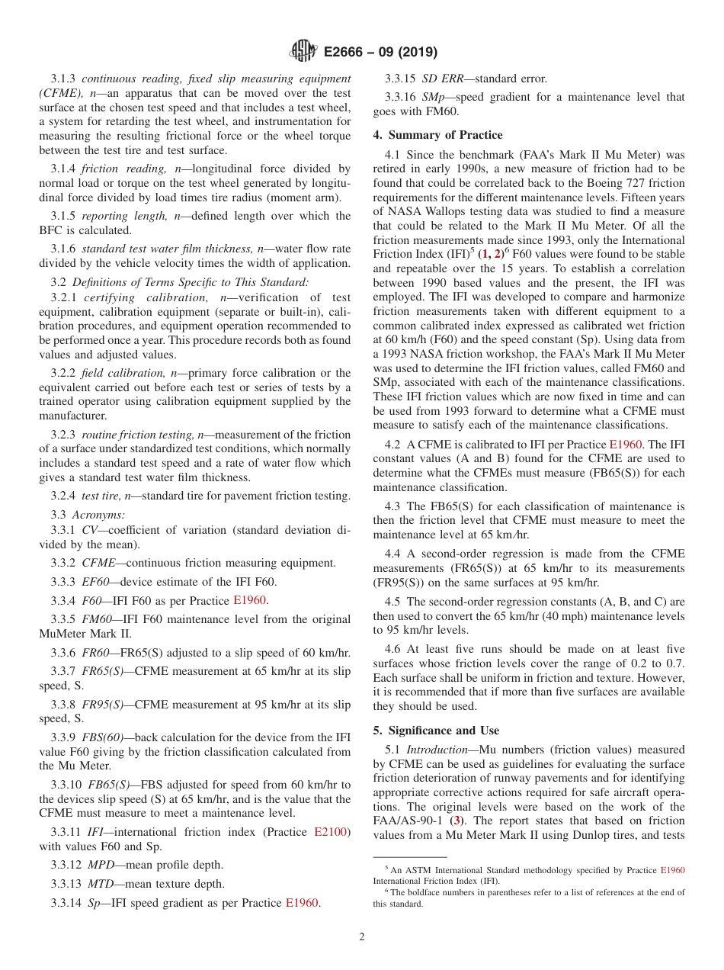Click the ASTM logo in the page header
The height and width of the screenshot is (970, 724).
click(304, 52)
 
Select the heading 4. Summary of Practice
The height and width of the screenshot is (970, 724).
click(437, 135)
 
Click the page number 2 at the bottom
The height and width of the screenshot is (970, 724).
click(362, 937)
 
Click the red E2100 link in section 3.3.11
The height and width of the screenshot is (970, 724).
click(332, 832)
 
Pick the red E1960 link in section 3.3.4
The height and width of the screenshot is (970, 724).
click(251, 600)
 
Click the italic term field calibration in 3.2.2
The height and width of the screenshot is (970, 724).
click(123, 373)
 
